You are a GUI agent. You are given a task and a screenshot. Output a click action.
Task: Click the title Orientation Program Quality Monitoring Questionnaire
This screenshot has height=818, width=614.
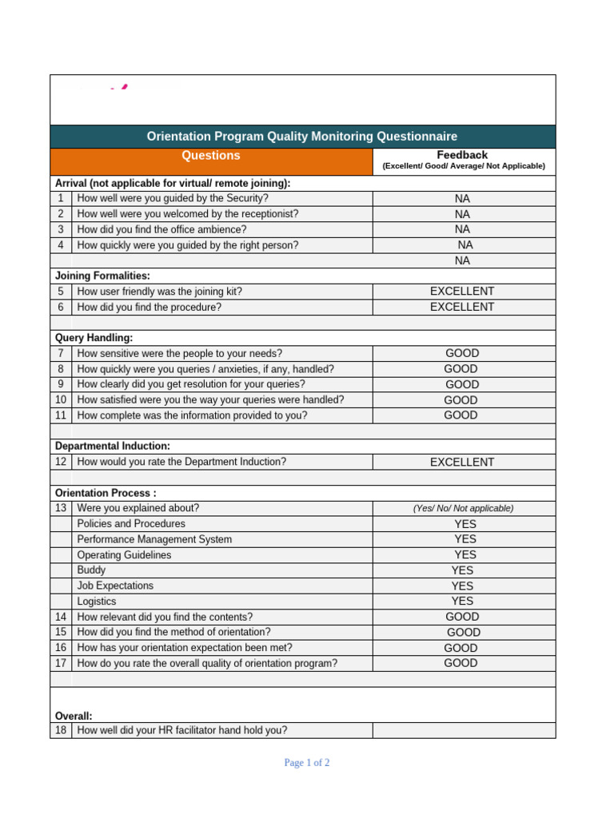[302, 137]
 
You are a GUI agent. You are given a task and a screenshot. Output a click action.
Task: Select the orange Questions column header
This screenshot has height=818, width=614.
[211, 156]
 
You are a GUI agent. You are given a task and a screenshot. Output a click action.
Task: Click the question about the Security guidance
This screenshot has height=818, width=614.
[173, 198]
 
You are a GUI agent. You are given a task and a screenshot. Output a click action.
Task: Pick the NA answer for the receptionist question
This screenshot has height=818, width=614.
[462, 214]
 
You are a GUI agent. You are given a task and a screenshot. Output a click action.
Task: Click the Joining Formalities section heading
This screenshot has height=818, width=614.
[102, 276]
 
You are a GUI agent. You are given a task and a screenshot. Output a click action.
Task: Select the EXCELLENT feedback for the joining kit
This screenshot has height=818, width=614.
[462, 292]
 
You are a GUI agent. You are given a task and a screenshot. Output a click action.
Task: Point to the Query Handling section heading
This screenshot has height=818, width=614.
[94, 338]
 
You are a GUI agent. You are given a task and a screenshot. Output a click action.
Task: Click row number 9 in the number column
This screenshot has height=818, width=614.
[61, 384]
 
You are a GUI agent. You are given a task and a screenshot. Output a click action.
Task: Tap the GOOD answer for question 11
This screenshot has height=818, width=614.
[461, 415]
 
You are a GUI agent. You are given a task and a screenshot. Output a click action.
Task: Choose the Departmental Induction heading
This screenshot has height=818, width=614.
[112, 446]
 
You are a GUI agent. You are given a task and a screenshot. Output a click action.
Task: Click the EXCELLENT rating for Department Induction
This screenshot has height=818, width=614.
[462, 462]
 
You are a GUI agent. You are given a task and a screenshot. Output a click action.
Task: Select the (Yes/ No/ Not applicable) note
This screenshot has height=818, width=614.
[463, 508]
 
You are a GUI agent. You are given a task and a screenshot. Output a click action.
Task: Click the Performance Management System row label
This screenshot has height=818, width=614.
[154, 539]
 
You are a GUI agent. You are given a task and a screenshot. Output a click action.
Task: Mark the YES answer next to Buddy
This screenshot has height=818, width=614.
[462, 570]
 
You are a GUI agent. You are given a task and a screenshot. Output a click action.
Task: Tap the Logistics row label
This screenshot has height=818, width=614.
[97, 602]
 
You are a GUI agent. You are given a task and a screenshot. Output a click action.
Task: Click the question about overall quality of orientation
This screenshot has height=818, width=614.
[207, 663]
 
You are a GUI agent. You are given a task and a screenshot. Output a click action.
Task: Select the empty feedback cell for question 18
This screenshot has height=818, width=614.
[463, 730]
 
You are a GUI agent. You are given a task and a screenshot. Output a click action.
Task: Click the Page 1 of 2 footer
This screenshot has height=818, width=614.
[307, 763]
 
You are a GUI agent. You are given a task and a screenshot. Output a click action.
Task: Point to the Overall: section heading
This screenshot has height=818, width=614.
[74, 716]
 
